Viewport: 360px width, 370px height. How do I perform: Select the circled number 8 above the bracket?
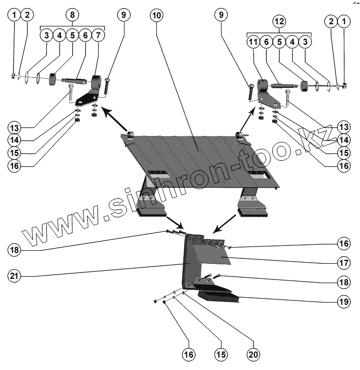coord(73,15)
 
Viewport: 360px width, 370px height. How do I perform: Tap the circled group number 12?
coord(279,22)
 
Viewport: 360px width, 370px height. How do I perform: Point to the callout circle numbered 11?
coord(253,42)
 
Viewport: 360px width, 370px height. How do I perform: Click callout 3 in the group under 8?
coord(47,36)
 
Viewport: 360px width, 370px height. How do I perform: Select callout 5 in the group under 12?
coord(279,42)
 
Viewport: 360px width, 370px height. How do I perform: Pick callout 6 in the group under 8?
coord(85,36)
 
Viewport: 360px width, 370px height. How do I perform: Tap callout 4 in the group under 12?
coord(292,42)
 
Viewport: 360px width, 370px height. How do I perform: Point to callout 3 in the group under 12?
coord(304,42)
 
